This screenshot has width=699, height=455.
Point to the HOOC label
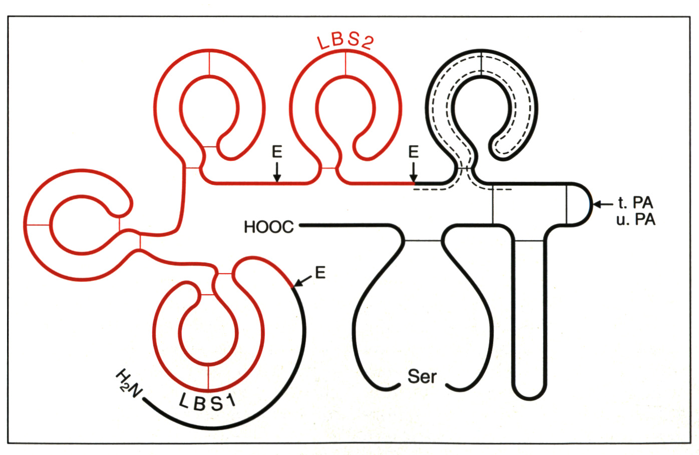click(x=269, y=227)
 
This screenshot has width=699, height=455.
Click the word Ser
click(x=422, y=376)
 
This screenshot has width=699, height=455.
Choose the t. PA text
click(x=635, y=203)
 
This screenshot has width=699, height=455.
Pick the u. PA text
click(x=635, y=219)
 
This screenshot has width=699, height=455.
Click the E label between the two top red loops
click(x=277, y=152)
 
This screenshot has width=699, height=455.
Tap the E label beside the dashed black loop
click(x=413, y=152)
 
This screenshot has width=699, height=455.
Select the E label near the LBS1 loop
click(x=320, y=273)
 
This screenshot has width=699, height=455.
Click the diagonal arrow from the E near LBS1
click(x=301, y=281)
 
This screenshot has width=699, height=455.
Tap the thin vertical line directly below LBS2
click(x=345, y=64)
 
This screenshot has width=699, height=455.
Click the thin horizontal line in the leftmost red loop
click(x=38, y=225)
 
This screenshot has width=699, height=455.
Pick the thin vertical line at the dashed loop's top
click(x=481, y=63)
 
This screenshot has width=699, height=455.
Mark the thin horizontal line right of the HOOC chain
click(x=423, y=241)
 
